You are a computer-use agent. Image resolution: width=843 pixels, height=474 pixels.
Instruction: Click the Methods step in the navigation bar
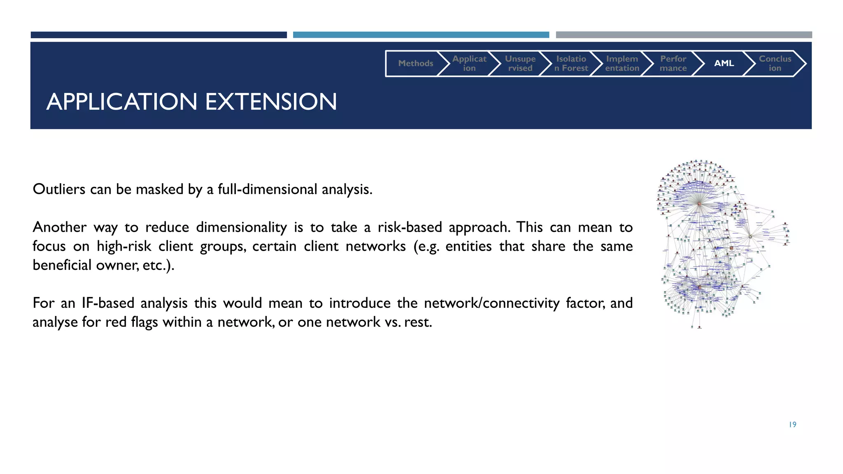415,63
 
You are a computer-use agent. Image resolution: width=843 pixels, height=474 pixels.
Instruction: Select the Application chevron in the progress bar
469,63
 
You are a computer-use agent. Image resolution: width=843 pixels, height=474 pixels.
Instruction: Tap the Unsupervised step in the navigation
520,63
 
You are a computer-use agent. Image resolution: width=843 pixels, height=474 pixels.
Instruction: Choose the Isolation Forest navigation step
571,63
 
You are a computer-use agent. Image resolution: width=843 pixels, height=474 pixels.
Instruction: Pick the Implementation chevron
622,63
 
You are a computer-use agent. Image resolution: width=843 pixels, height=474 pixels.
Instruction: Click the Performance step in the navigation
673,63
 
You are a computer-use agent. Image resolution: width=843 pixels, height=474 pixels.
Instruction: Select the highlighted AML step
724,63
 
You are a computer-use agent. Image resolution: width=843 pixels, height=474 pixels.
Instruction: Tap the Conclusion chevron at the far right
775,63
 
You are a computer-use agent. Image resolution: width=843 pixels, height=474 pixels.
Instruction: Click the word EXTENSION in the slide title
271,102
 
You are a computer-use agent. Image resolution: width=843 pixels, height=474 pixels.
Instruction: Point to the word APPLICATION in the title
122,102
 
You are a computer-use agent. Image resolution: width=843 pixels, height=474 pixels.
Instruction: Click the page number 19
792,425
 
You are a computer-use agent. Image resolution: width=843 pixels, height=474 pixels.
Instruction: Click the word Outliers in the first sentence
59,189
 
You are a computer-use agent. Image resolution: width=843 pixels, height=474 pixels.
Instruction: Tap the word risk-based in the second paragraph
410,227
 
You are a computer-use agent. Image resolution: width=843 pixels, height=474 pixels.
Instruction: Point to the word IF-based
108,303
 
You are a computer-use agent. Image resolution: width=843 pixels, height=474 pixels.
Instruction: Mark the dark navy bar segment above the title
158,35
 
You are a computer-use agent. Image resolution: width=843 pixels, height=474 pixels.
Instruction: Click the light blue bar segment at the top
421,35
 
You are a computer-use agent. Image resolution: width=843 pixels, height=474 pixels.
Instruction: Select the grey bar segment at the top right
684,35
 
